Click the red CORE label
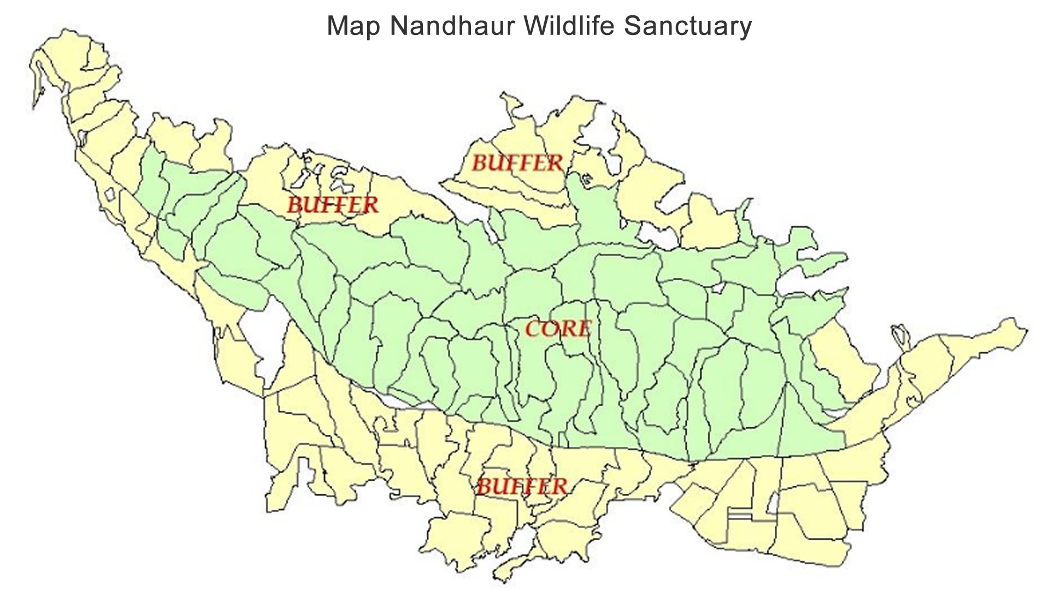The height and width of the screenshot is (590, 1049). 558,329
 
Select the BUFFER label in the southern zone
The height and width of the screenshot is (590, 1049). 522,486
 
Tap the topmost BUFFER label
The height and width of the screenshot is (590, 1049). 517,163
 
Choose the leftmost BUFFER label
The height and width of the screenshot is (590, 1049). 332,205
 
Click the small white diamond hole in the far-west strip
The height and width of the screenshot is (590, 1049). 110,194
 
